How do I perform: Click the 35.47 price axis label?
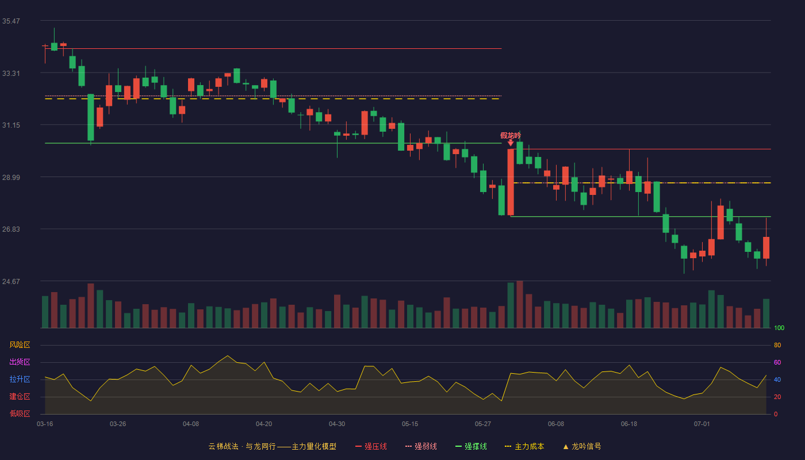(11, 21)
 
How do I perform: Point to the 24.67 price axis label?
(11, 281)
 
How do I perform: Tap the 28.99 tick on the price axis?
(11, 178)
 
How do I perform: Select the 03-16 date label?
(45, 424)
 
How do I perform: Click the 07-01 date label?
(702, 424)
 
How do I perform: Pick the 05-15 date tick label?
(410, 424)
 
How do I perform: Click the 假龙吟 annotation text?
(511, 136)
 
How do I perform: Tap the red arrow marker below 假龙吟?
(511, 143)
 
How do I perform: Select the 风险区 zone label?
(20, 345)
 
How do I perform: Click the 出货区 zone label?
(20, 362)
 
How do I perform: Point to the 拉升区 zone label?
(20, 379)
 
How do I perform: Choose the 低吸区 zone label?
(20, 413)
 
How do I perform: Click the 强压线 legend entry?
(371, 446)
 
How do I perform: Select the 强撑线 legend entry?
(471, 446)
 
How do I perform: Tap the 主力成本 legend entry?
(524, 446)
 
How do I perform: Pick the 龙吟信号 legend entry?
(582, 446)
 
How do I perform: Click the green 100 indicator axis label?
(779, 328)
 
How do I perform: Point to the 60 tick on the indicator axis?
(777, 362)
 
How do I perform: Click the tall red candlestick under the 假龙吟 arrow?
(511, 182)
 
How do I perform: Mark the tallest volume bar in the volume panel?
(520, 304)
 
